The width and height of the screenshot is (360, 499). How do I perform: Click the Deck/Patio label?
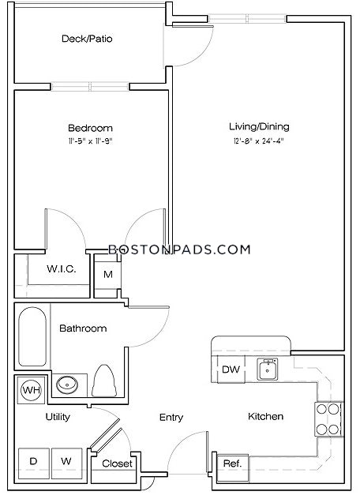click(x=87, y=39)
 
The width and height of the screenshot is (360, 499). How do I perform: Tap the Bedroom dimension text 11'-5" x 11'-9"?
click(x=91, y=141)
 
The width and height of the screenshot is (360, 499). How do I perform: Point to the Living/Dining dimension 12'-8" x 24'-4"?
click(x=258, y=141)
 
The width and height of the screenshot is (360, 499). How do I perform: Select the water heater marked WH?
click(x=31, y=390)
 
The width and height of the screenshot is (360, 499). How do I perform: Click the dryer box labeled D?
click(x=34, y=463)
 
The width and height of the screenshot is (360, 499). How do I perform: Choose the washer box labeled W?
click(x=67, y=463)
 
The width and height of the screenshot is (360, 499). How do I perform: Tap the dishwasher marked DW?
click(x=231, y=370)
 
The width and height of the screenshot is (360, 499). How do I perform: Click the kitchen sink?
click(x=268, y=370)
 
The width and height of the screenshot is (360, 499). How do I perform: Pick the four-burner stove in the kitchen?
click(x=328, y=418)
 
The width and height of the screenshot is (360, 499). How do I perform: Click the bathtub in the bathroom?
click(x=32, y=336)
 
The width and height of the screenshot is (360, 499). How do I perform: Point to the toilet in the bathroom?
click(x=104, y=381)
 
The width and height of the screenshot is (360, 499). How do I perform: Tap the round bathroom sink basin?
click(x=67, y=385)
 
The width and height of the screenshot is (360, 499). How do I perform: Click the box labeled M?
click(x=108, y=275)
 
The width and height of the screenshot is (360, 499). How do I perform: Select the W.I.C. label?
click(x=62, y=269)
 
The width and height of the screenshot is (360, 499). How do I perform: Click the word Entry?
click(x=171, y=417)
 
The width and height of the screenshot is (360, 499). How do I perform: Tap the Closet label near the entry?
click(x=117, y=463)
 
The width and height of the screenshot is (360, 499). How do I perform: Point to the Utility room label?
click(x=58, y=417)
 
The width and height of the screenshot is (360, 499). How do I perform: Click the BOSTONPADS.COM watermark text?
click(x=179, y=249)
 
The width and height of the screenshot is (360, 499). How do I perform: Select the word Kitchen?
click(x=265, y=416)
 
